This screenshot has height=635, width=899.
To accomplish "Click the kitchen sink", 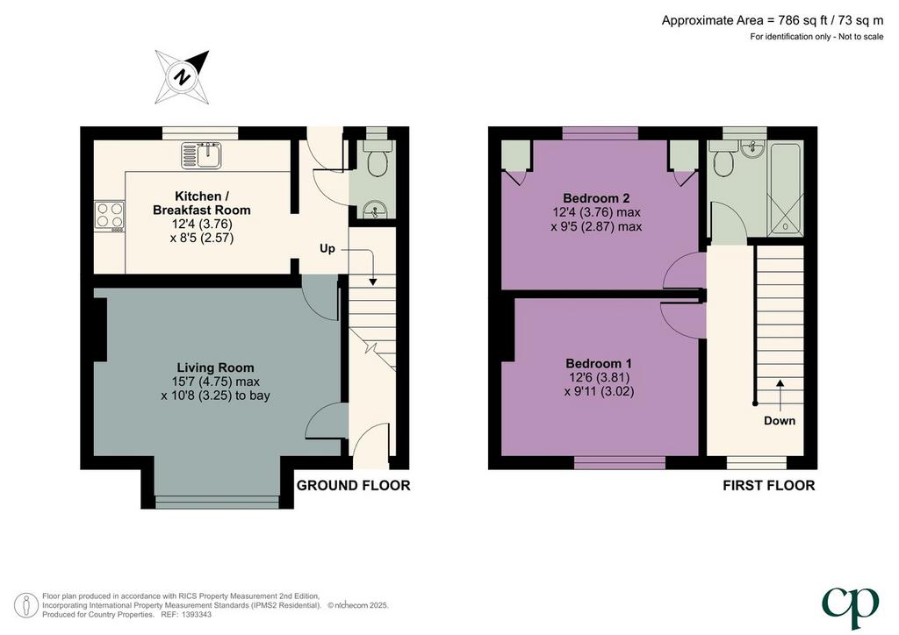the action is tap(201, 156).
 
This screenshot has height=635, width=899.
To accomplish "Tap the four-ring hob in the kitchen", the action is tap(110, 217).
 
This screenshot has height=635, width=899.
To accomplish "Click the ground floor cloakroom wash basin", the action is tap(376, 210).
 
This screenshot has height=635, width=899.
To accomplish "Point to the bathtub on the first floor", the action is tap(786, 189).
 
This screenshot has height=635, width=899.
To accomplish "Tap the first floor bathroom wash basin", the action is tap(752, 149).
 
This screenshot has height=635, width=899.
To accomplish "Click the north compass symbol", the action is tap(183, 76).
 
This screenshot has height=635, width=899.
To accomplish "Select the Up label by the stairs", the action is tap(327, 248).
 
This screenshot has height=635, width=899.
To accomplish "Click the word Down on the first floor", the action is tap(780, 421).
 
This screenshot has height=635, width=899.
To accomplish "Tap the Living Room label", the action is tap(215, 367).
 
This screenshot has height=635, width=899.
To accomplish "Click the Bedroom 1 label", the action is tap(599, 363).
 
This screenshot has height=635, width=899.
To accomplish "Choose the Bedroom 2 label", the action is tap(596, 198).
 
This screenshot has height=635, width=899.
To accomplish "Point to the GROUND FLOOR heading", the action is tap(353, 486).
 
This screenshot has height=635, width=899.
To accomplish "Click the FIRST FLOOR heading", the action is tap(768, 486).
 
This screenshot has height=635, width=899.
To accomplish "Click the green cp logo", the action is tap(850, 607).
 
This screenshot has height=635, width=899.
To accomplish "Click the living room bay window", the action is tap(218, 502).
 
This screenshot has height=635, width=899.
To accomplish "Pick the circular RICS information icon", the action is tap(25, 606).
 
